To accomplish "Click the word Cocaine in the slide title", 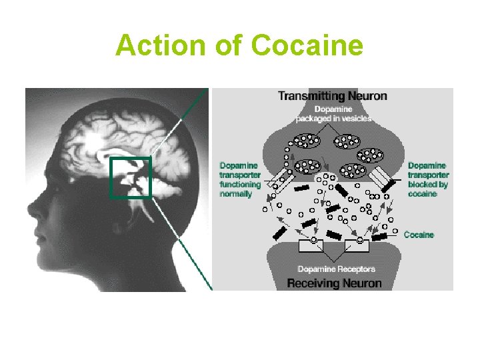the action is coord(307,46).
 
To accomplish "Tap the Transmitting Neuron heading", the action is coord(332,96).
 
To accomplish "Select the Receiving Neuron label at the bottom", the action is coord(334,283).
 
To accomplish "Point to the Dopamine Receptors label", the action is coord(336,269).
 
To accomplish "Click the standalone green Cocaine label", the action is coord(419,235).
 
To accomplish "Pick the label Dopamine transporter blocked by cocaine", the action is coord(428,179).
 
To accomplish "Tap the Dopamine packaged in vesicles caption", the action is coord(333,114).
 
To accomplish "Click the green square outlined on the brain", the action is coord(131,177).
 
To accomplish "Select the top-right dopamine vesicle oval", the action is coord(348,141).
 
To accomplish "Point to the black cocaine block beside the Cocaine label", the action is coord(381,237).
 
